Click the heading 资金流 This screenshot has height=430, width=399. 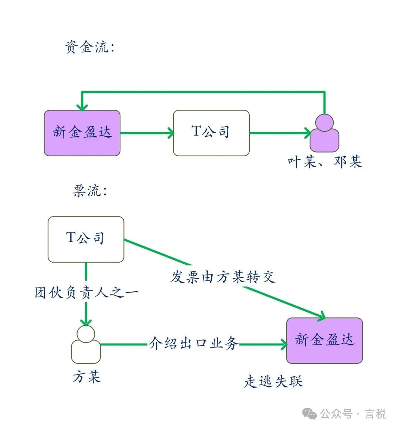90,47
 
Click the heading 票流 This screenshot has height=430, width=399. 90,191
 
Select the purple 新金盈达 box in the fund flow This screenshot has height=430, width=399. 82,133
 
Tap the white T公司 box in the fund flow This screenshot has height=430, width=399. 211,133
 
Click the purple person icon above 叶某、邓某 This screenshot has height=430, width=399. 324,134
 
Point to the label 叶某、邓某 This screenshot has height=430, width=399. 325,162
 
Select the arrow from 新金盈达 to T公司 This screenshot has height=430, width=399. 147,133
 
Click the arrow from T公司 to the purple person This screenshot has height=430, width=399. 280,133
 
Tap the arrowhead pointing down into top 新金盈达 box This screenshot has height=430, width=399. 82,107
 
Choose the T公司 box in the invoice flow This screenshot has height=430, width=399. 86,239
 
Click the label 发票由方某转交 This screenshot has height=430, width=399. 223,277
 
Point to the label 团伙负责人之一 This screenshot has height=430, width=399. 86,293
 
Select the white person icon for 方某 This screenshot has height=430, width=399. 86,345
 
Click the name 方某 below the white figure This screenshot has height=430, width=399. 86,377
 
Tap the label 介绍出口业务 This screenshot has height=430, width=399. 193,344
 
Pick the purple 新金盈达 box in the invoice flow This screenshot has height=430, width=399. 324,340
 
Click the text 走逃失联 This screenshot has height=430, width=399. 273,381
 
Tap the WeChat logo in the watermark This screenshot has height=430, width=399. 310,414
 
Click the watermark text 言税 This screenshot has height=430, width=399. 375,414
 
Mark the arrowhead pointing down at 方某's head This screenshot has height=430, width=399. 86,322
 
